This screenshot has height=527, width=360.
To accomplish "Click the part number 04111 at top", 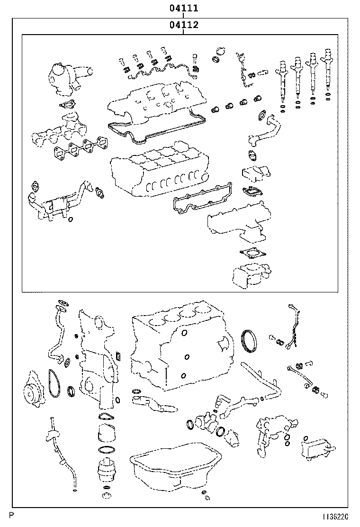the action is [x=183, y=8].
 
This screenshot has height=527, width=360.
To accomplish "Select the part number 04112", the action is [x=183, y=25].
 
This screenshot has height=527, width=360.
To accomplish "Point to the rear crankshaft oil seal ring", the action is [x=249, y=342].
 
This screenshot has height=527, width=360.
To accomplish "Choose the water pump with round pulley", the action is [x=34, y=390].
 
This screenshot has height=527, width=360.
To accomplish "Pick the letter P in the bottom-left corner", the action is [x=11, y=516].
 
